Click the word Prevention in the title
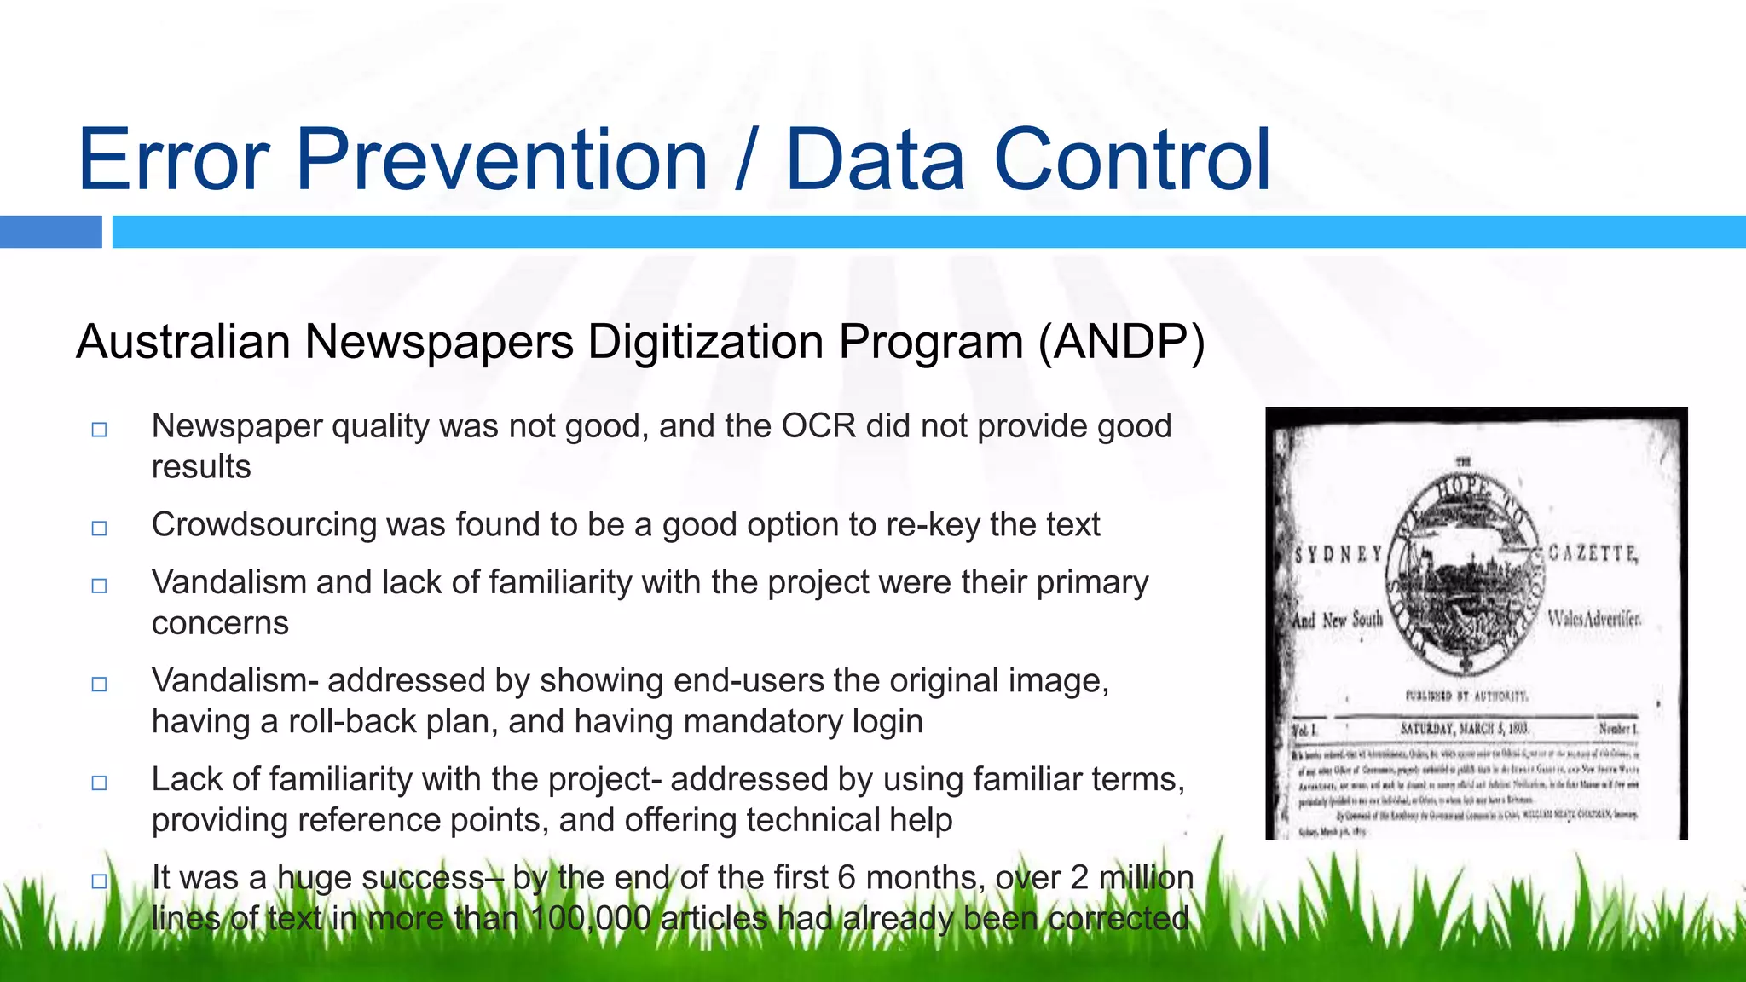[501, 160]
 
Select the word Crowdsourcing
[263, 525]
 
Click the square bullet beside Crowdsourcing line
[100, 529]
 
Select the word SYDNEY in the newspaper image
[1338, 555]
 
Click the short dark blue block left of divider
[50, 232]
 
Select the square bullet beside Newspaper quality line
[100, 430]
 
